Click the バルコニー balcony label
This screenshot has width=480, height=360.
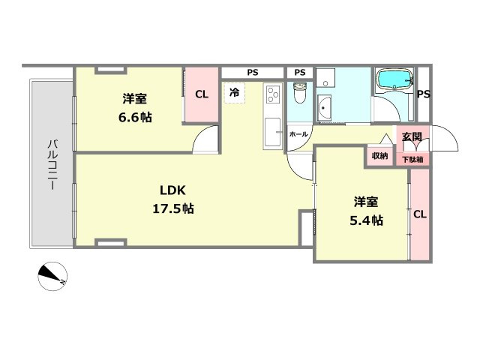click(x=52, y=164)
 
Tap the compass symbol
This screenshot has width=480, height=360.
click(x=52, y=276)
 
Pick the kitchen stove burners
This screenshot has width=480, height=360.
click(x=272, y=94)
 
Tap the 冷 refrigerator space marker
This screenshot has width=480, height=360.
click(x=235, y=93)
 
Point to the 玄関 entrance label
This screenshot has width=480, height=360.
click(x=412, y=137)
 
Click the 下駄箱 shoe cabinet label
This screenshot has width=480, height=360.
click(x=411, y=159)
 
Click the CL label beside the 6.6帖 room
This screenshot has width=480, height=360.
click(x=201, y=94)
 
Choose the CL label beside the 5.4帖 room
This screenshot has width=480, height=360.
click(x=419, y=214)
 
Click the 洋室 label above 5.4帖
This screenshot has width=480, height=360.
click(x=367, y=202)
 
